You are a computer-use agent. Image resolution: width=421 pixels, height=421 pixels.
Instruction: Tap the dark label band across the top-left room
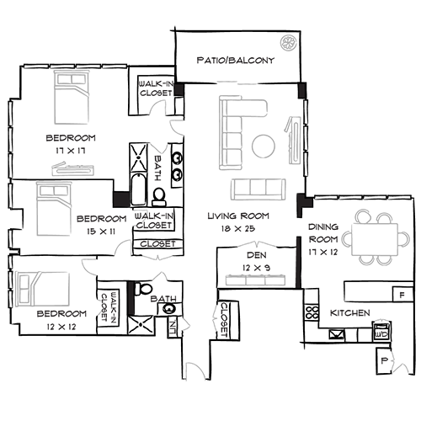tap(71, 138)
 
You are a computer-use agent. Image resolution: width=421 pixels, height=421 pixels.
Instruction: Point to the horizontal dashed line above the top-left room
tap(76, 64)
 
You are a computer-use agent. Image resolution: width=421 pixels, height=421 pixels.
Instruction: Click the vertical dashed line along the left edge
tap(9, 202)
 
